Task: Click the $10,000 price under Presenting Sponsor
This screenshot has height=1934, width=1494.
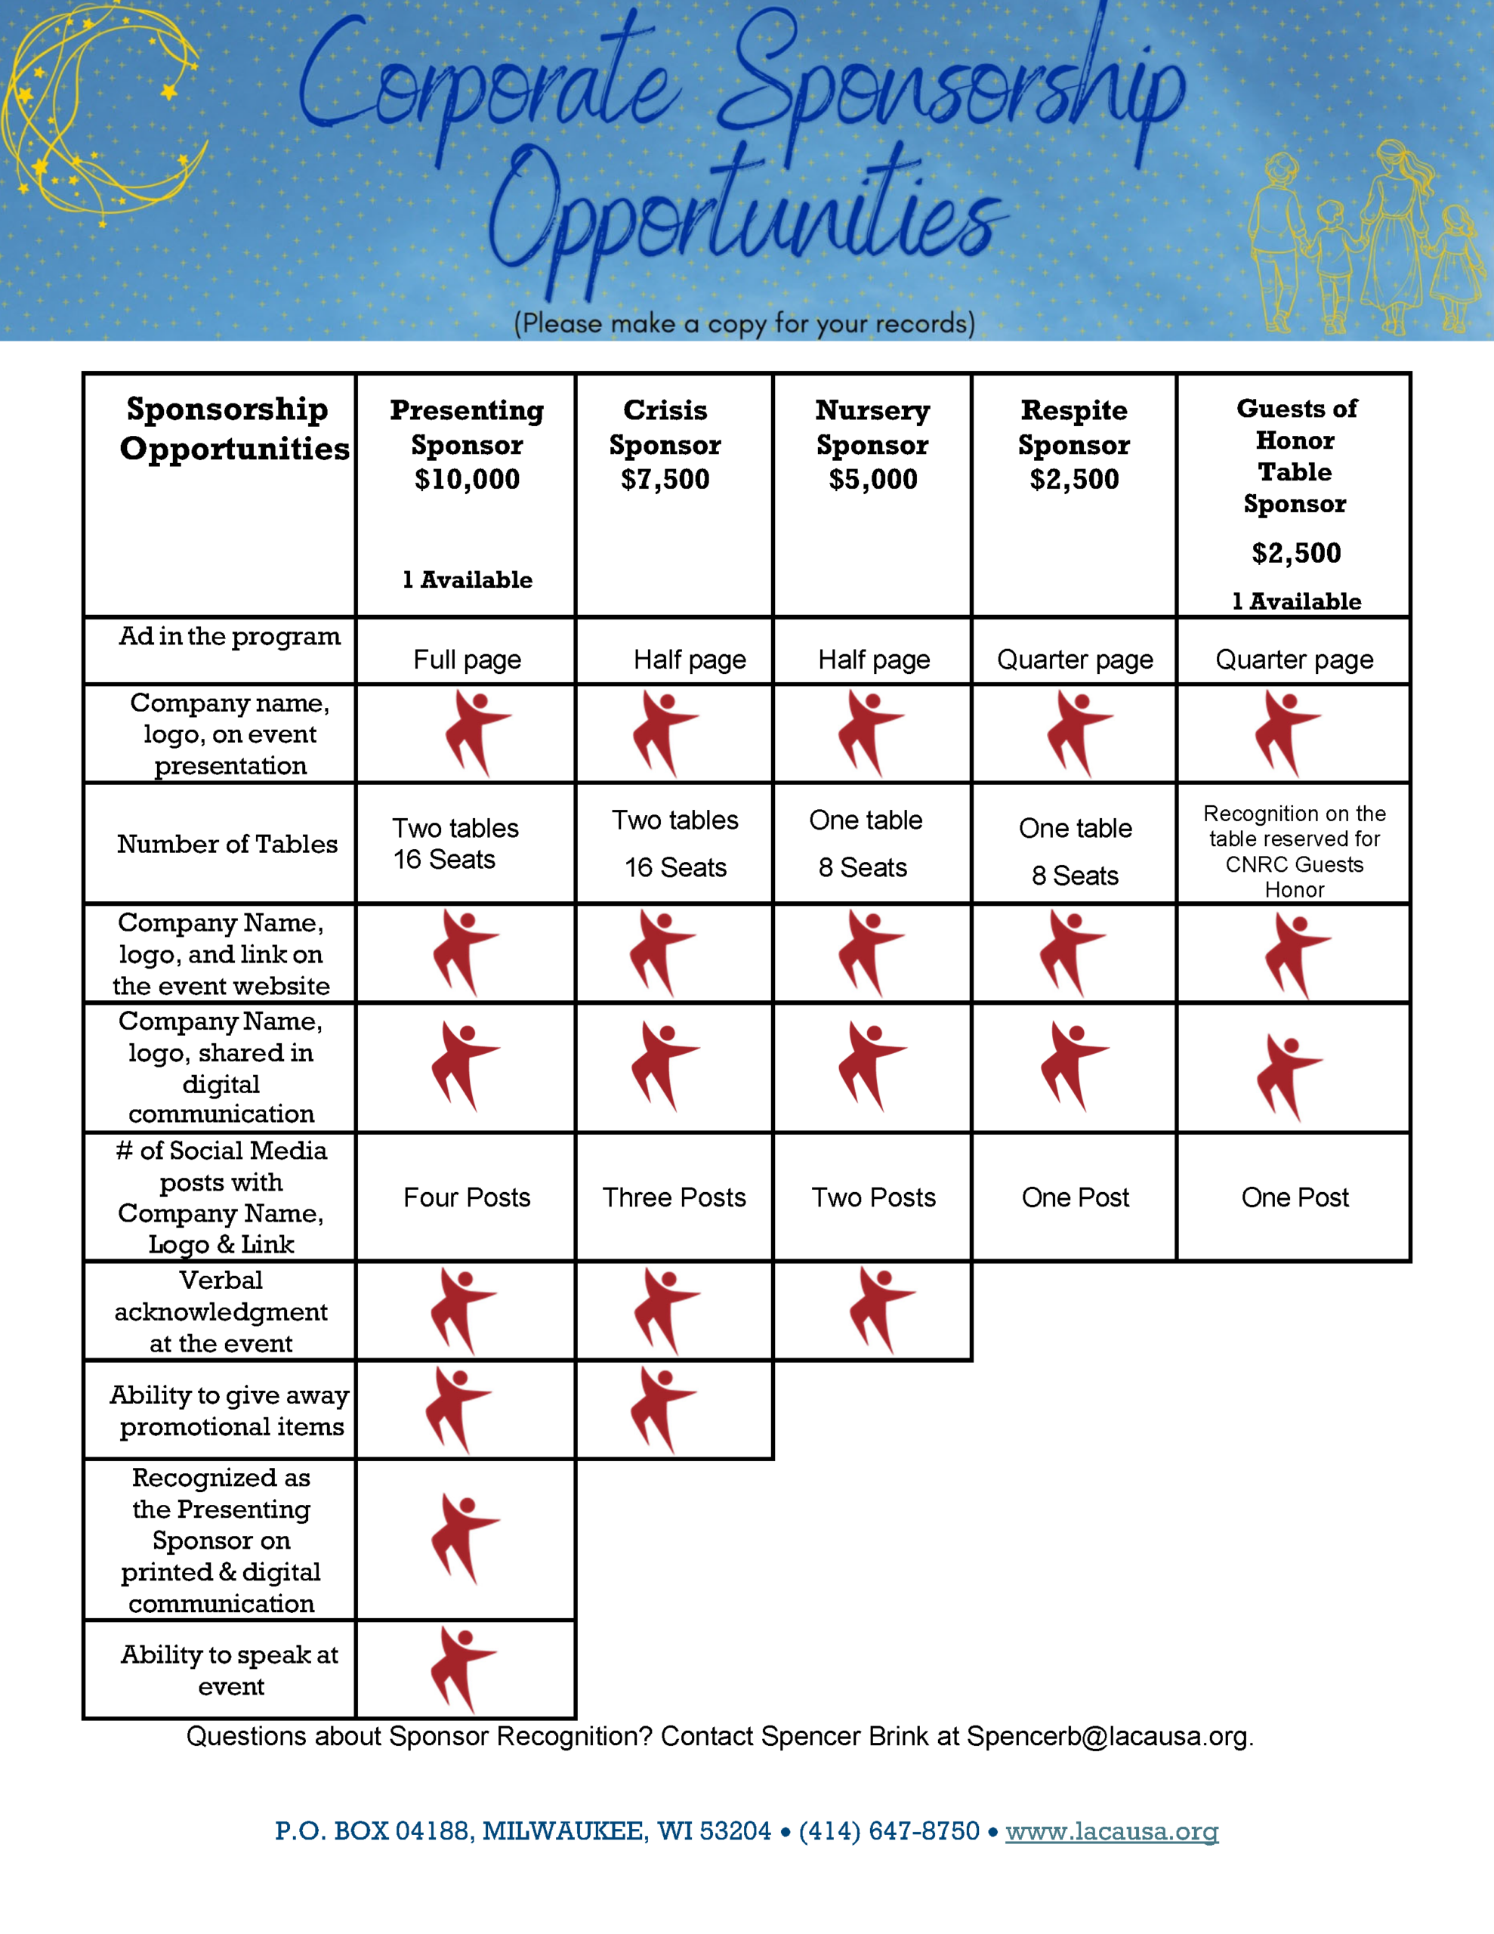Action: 467,479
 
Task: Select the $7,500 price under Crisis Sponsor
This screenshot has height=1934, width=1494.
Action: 665,479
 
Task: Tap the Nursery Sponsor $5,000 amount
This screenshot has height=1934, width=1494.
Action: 872,479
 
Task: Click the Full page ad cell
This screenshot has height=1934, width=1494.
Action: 467,660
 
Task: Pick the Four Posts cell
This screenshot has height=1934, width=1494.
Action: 467,1197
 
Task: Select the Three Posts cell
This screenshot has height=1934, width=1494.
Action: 674,1197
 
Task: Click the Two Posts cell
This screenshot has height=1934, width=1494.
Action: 873,1197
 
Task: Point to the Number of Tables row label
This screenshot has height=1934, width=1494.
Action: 227,844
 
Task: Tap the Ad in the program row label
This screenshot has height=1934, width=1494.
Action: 230,636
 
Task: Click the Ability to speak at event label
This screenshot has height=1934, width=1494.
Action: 230,1670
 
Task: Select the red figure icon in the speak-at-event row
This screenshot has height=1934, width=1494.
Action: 463,1668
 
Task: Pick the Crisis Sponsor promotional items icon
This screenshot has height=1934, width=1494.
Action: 663,1409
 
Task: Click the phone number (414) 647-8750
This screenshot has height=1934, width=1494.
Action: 888,1831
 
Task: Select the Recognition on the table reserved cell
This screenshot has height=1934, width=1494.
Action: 1294,850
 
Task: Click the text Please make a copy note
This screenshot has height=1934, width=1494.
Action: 744,323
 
